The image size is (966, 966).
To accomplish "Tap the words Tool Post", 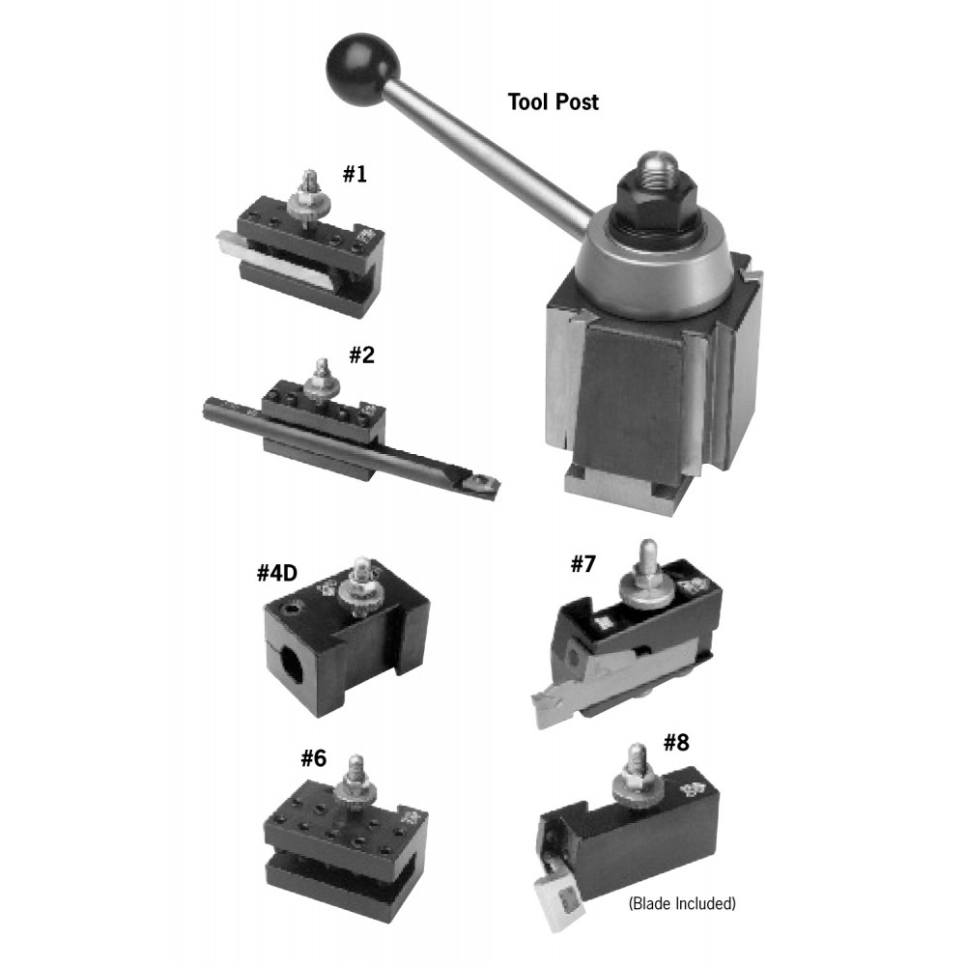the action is click(553, 101).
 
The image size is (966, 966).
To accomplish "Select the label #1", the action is click(355, 174).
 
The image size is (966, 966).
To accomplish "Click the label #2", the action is click(361, 355).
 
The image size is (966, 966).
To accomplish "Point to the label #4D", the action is click(276, 574).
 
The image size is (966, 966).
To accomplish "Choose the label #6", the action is click(313, 758).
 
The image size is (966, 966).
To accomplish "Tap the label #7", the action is click(582, 563).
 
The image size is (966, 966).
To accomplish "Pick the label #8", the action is click(676, 743).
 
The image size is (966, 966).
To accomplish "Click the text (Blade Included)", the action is click(682, 903).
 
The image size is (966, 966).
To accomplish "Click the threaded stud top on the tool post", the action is click(657, 164).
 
